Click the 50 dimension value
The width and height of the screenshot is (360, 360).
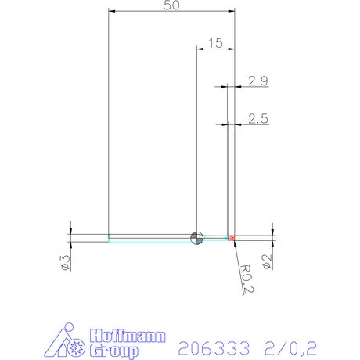coord(171,5)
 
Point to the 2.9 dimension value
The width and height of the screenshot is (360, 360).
coord(257,81)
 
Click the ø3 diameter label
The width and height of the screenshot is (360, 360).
coord(66,262)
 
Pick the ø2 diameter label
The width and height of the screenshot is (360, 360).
coord(268,262)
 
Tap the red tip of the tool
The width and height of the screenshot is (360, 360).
coord(231,236)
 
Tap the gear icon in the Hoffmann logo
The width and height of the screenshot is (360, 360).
coord(76,347)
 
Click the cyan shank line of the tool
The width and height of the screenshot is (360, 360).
coord(149,239)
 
